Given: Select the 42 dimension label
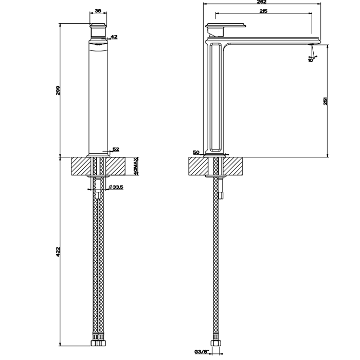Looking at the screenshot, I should (114, 37).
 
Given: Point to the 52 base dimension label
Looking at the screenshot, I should (116, 149).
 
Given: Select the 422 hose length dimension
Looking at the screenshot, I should (58, 251).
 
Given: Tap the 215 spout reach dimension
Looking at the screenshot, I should (263, 11).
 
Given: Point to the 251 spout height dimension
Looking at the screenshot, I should (326, 101).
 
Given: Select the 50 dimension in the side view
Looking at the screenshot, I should (196, 152).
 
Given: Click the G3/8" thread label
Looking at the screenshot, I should (201, 352).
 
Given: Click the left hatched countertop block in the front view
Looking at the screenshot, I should (81, 167).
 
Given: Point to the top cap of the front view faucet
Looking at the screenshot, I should (99, 25).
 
